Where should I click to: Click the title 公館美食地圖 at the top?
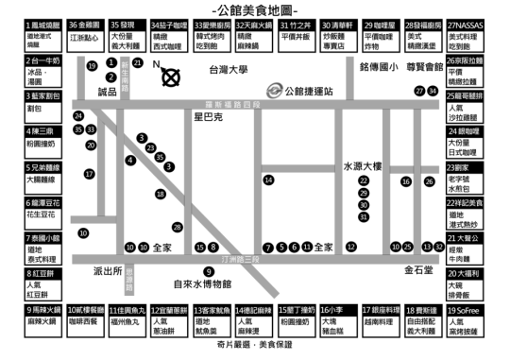255,8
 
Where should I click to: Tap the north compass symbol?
170,77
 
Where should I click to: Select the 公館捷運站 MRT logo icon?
273,90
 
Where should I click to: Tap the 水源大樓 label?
363,165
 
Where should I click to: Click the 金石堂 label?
418,269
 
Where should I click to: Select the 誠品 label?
108,91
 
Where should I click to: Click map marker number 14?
269,180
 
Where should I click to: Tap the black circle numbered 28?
177,227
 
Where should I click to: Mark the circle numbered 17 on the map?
90,174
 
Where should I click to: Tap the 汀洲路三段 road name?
232,258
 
